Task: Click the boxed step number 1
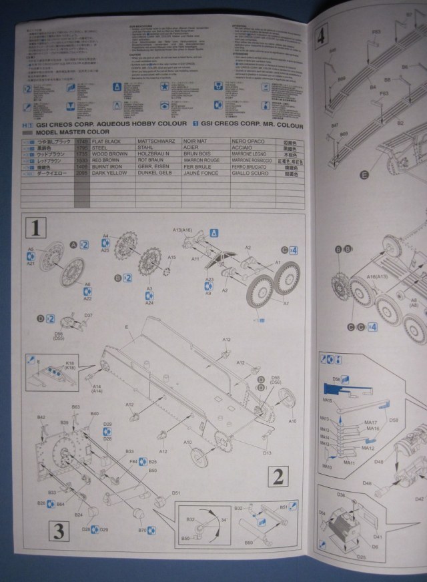coord(35,229)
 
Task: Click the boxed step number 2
coord(278,476)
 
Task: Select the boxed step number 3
coord(59,531)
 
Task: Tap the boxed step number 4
coord(322,35)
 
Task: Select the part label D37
coord(88,315)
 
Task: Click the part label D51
coord(176,493)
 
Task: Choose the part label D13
coord(267,453)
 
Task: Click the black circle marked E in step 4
coord(364,176)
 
